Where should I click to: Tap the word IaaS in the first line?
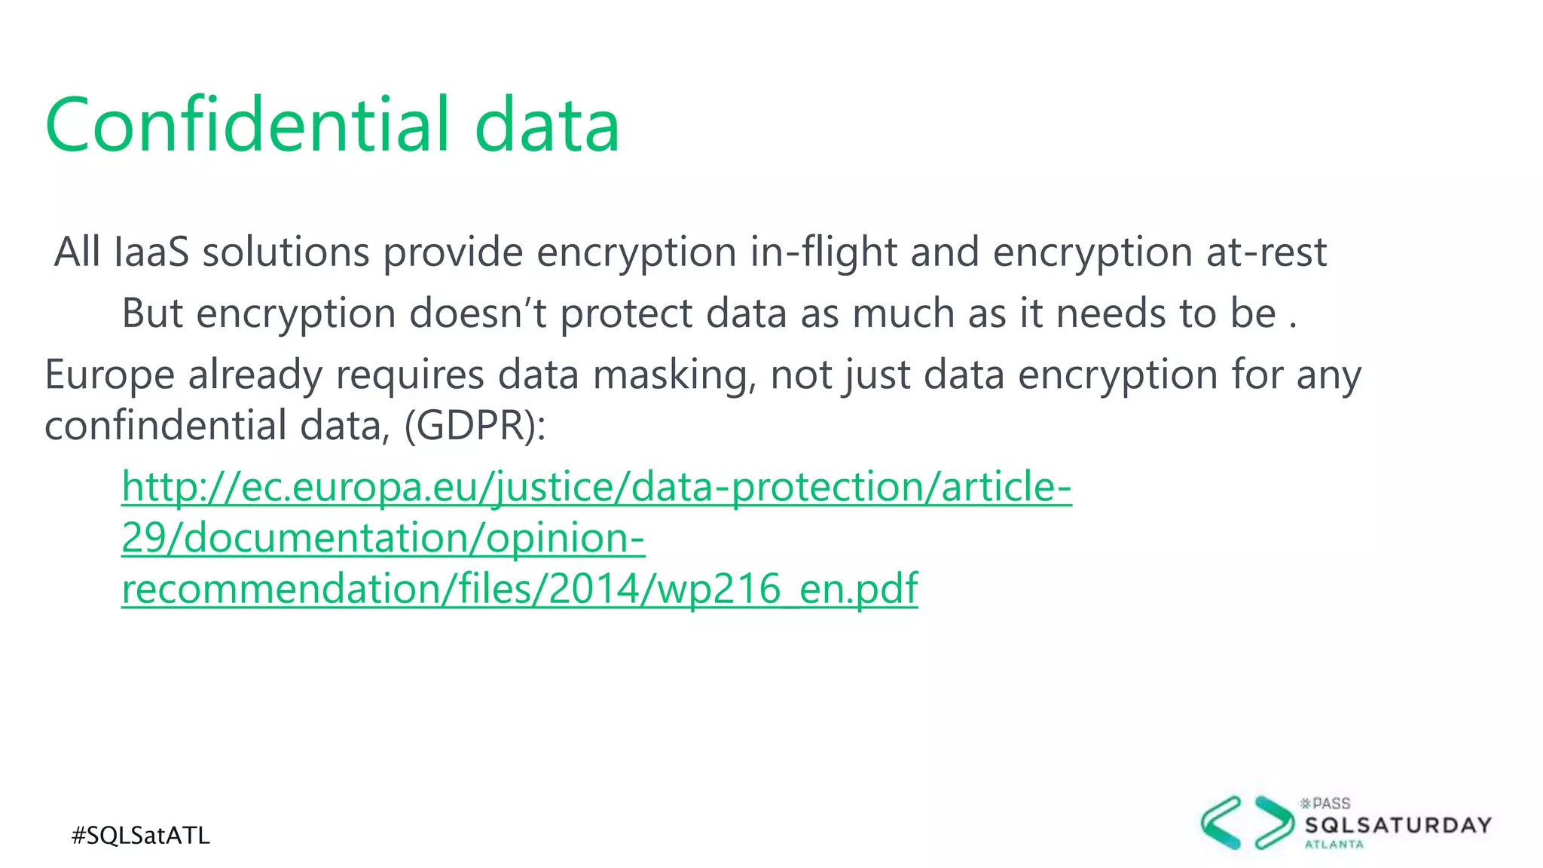tap(151, 252)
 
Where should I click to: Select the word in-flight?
tap(823, 252)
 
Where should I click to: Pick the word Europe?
tap(109, 375)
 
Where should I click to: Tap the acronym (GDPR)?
tap(475, 426)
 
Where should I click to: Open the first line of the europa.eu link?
tap(596, 487)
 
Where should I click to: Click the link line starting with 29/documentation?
tap(383, 538)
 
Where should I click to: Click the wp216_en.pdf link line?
tap(519, 588)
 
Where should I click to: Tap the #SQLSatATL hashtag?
tap(141, 836)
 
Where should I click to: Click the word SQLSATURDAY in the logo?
tap(1398, 825)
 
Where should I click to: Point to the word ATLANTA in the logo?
tap(1334, 845)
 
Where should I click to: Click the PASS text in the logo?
tap(1331, 804)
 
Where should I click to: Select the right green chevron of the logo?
tap(1274, 822)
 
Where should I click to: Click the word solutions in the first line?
tap(286, 252)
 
